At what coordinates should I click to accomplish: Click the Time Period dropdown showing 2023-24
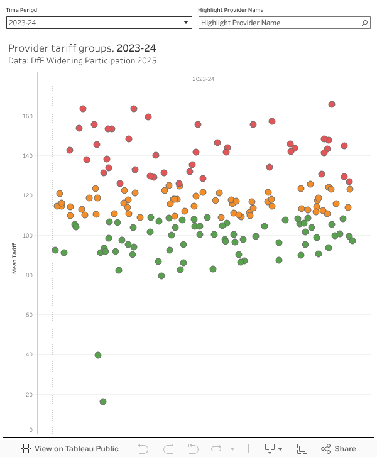(x=99, y=23)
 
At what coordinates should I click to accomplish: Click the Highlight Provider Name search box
(x=280, y=23)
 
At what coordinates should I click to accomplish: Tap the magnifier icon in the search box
(x=365, y=23)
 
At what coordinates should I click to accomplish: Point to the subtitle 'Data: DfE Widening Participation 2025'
(x=82, y=61)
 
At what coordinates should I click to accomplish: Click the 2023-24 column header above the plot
(x=203, y=79)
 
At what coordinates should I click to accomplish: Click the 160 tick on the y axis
(x=26, y=116)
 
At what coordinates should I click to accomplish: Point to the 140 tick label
(x=26, y=156)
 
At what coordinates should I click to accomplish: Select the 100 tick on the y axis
(x=26, y=236)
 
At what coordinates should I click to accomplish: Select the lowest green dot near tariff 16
(x=103, y=402)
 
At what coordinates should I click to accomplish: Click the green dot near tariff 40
(x=98, y=355)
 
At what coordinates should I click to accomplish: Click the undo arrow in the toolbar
(x=143, y=448)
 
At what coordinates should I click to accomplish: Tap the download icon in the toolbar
(x=270, y=448)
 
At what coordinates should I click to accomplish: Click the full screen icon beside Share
(x=302, y=448)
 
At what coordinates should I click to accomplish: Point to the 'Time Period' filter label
(x=21, y=10)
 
